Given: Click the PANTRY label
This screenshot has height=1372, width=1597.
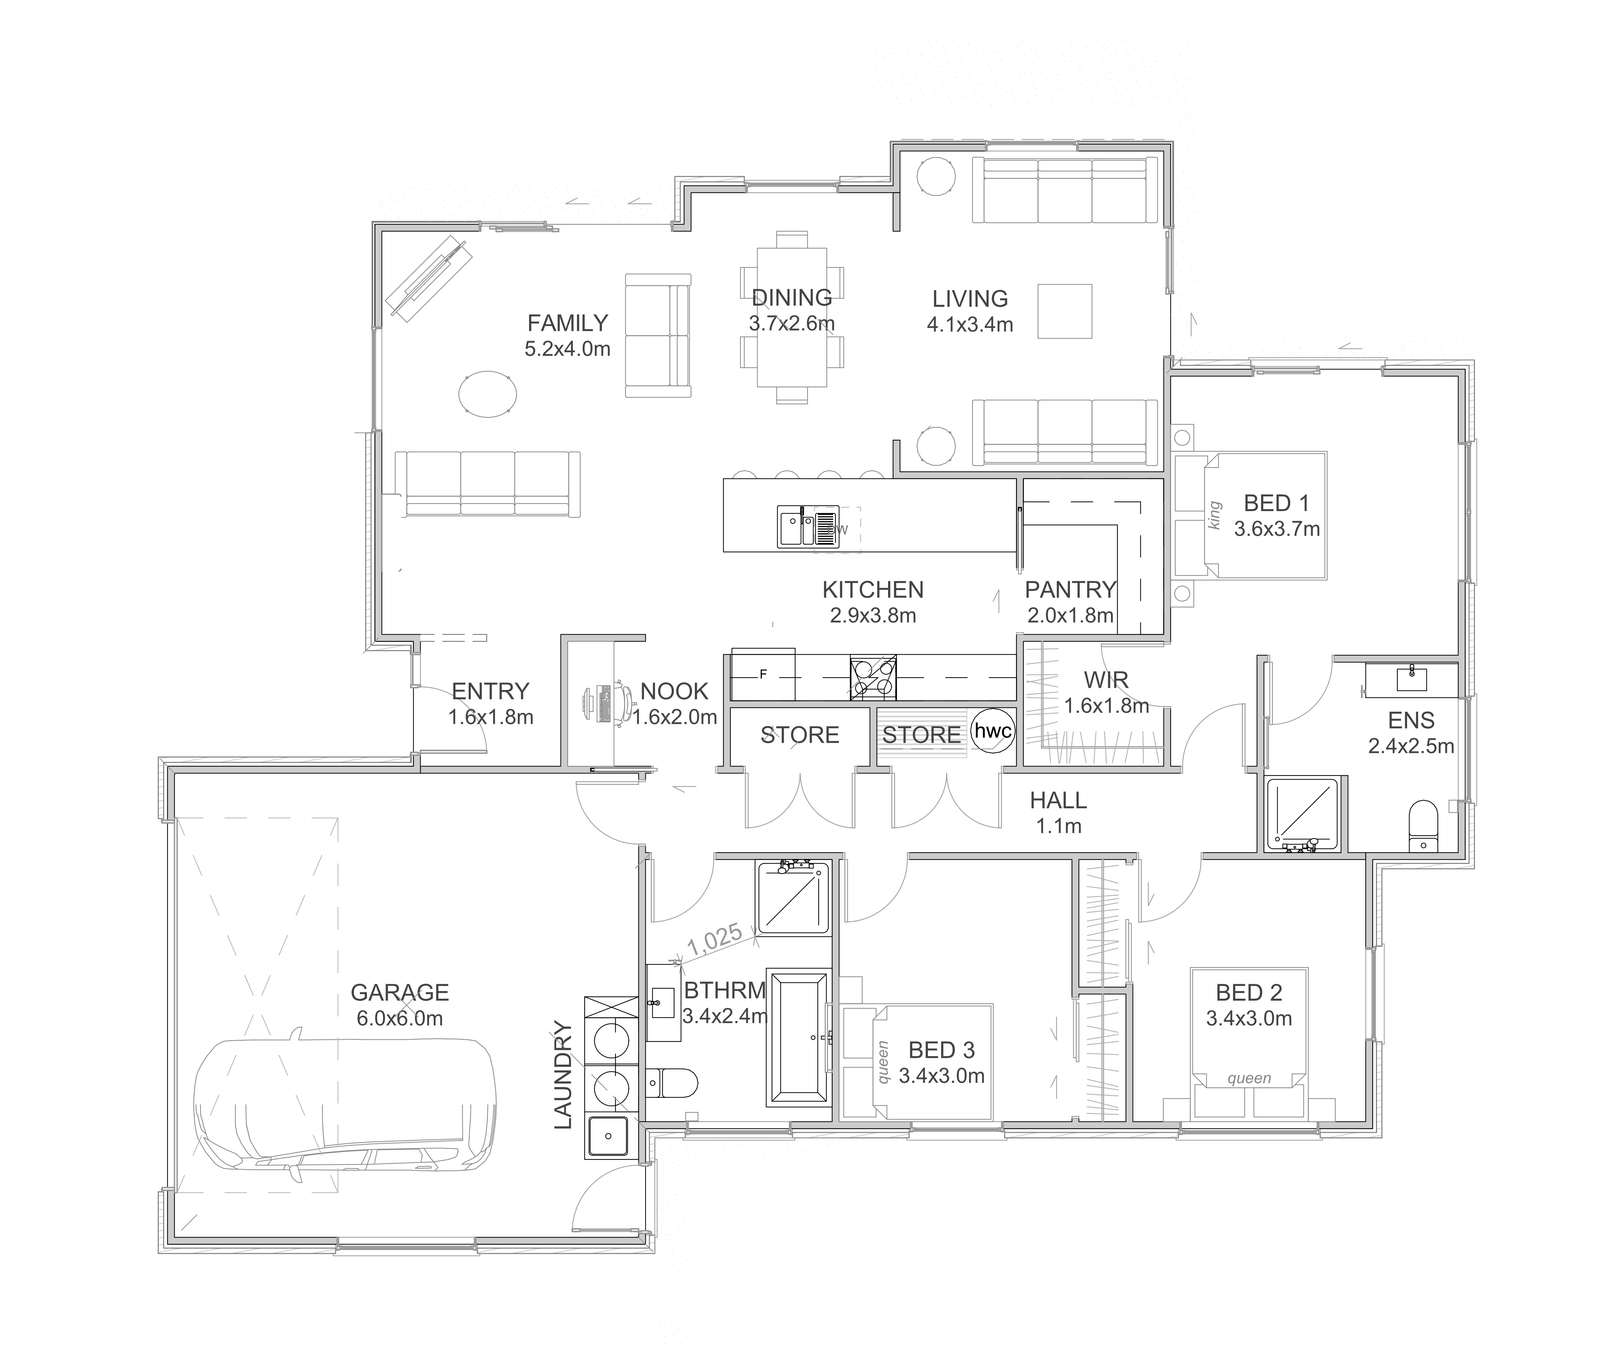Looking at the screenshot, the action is tap(1070, 590).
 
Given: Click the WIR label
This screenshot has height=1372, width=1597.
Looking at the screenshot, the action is tap(1106, 680).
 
